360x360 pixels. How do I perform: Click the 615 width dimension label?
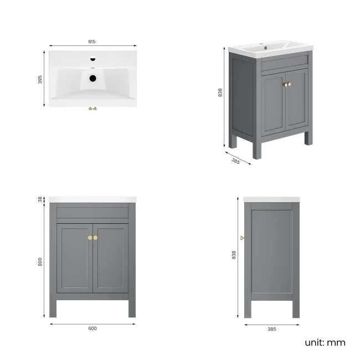click(92, 42)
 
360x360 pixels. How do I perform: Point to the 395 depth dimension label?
click(40, 80)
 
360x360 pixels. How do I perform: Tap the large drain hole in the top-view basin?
click(93, 78)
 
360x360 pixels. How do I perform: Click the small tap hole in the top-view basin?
click(93, 58)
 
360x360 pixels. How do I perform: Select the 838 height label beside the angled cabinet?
click(220, 92)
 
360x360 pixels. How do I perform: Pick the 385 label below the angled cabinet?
click(235, 161)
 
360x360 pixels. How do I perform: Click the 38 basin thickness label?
click(40, 199)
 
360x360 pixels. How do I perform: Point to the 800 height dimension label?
click(40, 262)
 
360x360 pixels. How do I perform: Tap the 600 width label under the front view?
click(92, 328)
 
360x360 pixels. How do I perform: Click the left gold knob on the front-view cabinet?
click(89, 238)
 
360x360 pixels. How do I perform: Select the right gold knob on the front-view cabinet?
click(96, 238)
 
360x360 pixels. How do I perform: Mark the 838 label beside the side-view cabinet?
click(234, 255)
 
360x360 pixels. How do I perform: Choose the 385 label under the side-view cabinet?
click(272, 329)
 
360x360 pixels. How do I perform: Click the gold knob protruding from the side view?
click(242, 238)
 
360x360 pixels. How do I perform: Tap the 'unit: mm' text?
click(325, 342)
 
